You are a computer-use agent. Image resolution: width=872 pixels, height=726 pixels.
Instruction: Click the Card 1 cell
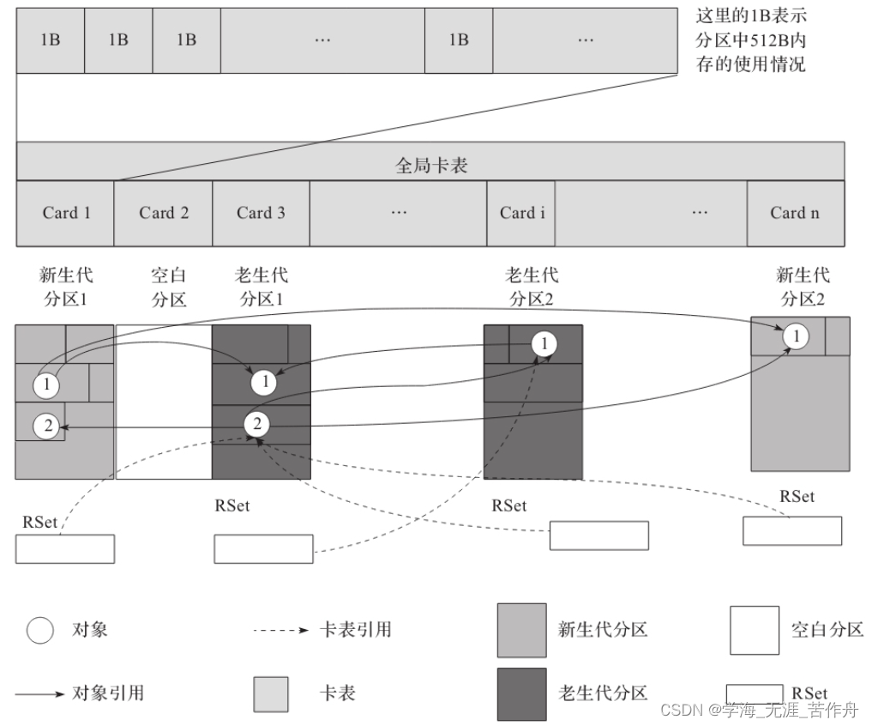pos(65,213)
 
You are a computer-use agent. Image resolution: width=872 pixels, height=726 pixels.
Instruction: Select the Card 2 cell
pos(163,213)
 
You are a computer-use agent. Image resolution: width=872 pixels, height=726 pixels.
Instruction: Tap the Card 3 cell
pos(261,213)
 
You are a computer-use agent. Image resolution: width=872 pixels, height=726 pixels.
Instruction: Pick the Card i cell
pos(521,213)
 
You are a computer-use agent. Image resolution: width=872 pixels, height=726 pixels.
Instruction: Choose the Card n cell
pos(795,213)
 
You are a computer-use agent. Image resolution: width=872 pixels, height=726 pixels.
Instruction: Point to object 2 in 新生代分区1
pos(48,424)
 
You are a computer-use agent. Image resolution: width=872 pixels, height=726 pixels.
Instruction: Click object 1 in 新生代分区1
pos(46,385)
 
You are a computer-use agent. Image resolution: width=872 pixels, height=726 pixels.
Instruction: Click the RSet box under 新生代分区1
pos(64,549)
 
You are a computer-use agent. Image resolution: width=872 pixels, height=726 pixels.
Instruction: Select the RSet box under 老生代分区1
pos(263,549)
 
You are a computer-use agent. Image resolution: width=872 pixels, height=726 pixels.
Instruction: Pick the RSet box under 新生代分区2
pos(791,530)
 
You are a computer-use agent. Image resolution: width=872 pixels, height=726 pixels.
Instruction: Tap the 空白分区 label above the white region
pos(168,287)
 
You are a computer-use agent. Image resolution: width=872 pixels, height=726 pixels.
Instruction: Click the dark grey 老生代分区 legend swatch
pos(521,693)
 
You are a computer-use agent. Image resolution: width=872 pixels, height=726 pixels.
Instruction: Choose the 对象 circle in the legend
pos(39,630)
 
